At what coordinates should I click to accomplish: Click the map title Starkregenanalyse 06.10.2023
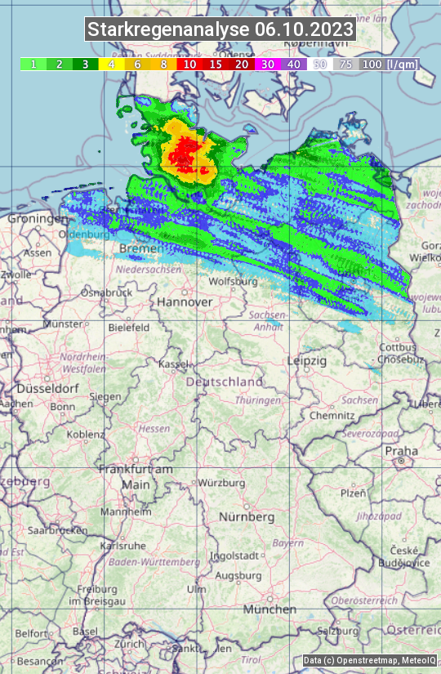220,30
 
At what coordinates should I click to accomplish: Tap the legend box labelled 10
189,64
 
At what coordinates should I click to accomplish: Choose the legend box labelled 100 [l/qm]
390,64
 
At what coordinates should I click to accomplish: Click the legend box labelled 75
346,64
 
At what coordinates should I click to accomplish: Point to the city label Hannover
185,301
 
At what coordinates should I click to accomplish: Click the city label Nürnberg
247,517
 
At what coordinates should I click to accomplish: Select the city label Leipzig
307,360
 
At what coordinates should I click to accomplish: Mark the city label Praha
401,450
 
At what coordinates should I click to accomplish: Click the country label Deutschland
225,382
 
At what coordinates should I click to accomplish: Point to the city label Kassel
173,364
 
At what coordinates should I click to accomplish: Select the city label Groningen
38,219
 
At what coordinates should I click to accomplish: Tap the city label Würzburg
221,483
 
